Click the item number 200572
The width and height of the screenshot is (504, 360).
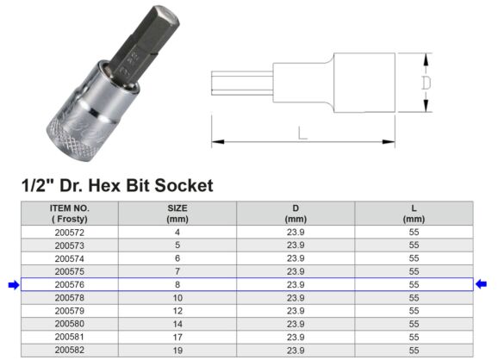pos(69,232)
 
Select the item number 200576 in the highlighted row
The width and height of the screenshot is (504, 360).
pos(69,284)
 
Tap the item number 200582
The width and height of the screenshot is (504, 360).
pos(69,350)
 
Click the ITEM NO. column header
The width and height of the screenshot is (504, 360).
pos(69,213)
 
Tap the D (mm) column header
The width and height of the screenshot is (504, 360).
pos(296,213)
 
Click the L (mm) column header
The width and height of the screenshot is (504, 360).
pos(414,213)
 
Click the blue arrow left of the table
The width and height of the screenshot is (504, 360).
pos(13,284)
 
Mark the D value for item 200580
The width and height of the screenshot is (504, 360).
pos(296,323)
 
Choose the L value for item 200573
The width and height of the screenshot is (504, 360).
pos(414,245)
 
